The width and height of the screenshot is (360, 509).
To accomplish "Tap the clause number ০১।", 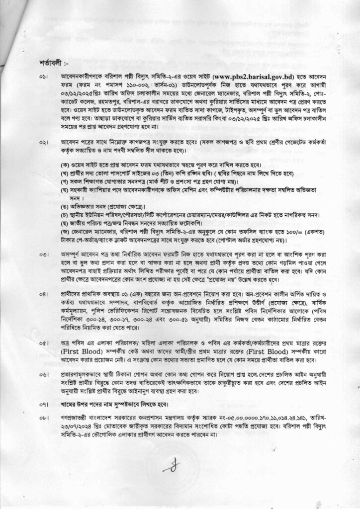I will point(44,79).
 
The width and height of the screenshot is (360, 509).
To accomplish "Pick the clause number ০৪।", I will point(44,295).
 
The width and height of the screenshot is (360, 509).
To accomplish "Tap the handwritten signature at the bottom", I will point(172,467).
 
